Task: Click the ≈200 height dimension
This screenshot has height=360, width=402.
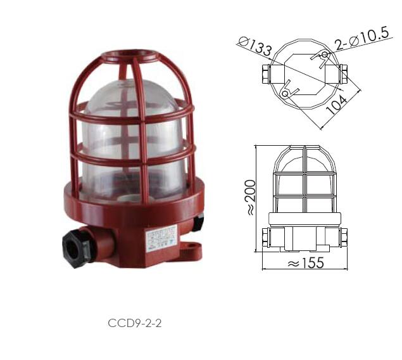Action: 251,198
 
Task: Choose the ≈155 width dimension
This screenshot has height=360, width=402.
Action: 306,262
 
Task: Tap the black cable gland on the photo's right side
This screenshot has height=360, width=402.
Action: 198,222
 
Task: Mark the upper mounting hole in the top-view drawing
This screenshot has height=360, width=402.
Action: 324,56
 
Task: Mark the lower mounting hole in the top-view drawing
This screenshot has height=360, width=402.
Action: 285,94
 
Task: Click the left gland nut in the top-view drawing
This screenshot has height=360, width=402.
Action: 263,75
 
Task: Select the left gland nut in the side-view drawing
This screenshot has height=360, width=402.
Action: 267,238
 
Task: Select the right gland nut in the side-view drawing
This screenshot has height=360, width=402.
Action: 344,238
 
